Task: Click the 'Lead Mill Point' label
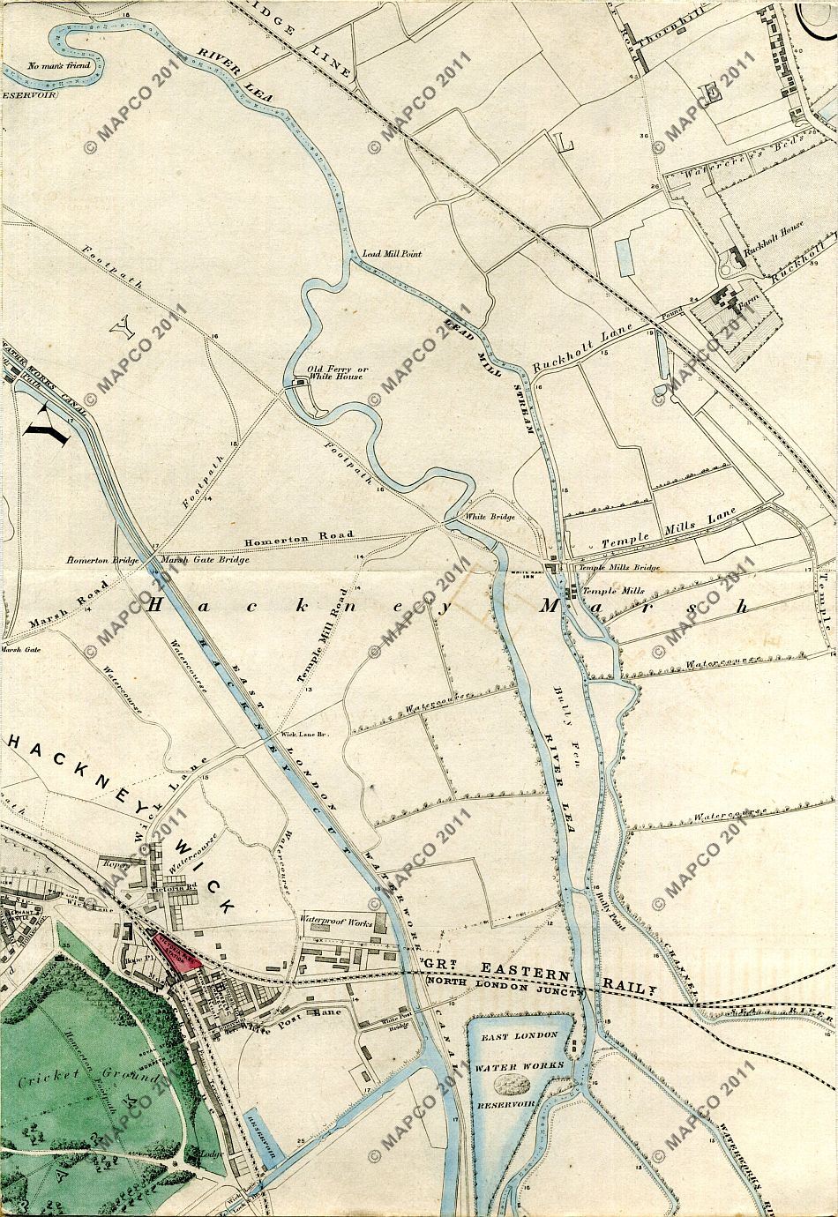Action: coord(393,254)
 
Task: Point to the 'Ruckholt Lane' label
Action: coord(574,350)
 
